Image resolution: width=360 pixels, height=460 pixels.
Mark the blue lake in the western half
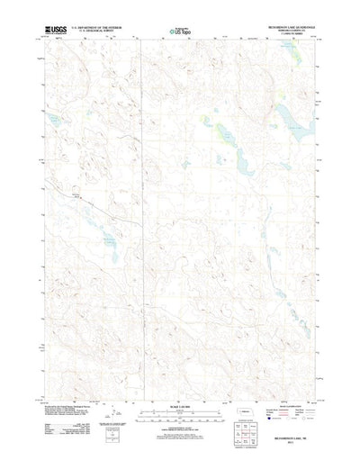coord(107,239)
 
